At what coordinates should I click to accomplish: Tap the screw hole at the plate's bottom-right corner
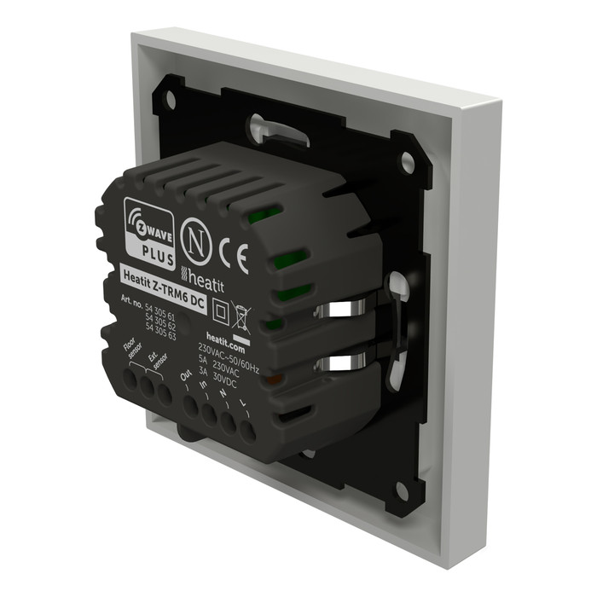click(402, 490)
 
